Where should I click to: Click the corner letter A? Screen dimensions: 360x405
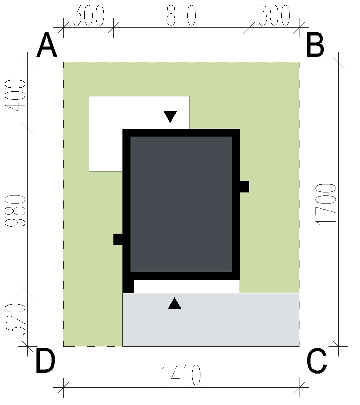47,45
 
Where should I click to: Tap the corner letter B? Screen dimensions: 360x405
315,45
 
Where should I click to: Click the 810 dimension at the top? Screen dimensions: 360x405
181,15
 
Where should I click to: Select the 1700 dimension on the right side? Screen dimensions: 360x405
326,204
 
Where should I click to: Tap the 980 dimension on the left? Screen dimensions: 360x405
15,211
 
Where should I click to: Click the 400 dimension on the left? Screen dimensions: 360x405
15,95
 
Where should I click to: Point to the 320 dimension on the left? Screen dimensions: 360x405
15,319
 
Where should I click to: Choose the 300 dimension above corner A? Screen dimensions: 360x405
88,15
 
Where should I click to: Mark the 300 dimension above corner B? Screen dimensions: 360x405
274,15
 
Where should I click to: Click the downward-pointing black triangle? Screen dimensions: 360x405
170,117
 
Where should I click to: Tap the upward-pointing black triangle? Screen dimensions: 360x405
175,303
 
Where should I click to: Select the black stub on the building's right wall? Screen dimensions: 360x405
244,187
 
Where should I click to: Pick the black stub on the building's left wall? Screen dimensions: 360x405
118,239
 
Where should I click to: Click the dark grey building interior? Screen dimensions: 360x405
181,204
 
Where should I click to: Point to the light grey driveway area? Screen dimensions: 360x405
211,320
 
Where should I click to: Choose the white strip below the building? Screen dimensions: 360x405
186,287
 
